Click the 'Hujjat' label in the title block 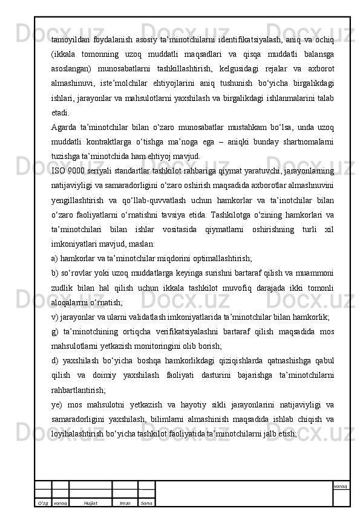click(x=91, y=502)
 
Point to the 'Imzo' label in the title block click(x=125, y=502)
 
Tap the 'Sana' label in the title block click(x=146, y=502)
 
